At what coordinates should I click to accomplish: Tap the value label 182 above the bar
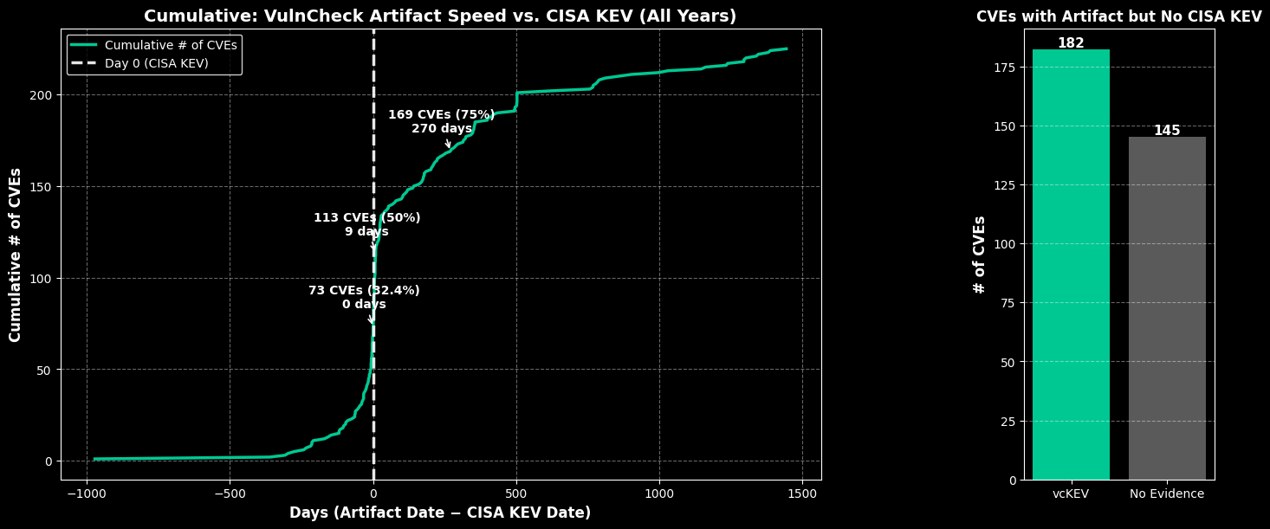coord(1071,43)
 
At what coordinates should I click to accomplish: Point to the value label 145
coord(1167,131)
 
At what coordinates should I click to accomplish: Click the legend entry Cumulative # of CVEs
coord(171,45)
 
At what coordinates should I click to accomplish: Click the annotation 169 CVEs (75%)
coord(441,115)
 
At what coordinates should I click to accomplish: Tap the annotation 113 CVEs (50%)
coord(366,218)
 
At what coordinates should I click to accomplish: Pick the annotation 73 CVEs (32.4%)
coord(364,291)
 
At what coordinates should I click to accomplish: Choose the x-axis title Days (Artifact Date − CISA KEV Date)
coord(440,513)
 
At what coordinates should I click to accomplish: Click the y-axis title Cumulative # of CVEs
coord(16,255)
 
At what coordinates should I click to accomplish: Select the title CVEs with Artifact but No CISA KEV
coord(1118,16)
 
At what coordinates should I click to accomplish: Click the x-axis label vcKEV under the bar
coord(1071,494)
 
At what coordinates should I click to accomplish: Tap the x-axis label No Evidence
coord(1167,494)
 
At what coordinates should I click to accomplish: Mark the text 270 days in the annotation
coord(441,129)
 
